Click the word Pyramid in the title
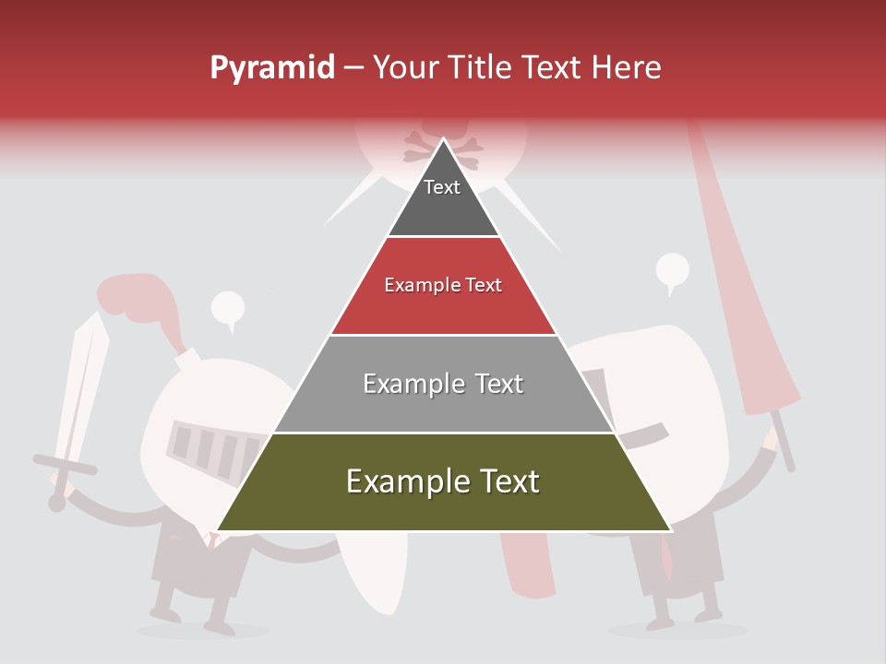click(272, 68)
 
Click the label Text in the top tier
click(442, 187)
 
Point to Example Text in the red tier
click(443, 285)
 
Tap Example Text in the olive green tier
click(443, 481)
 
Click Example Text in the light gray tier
click(443, 384)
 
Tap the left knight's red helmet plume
click(138, 300)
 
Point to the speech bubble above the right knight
click(673, 271)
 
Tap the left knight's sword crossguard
click(65, 464)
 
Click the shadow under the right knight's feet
click(678, 631)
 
